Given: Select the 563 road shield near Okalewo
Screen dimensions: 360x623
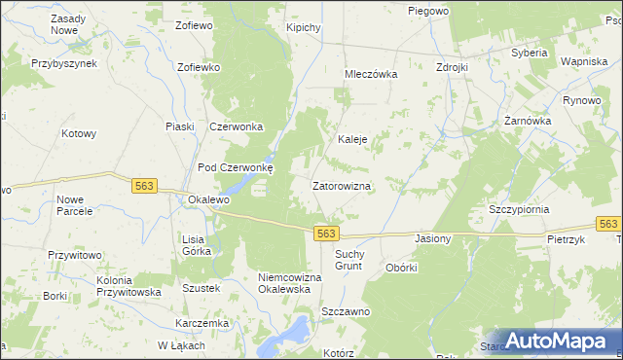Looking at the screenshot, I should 145,185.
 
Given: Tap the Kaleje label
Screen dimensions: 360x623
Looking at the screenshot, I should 351,139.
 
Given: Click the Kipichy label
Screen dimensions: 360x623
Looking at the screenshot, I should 304,27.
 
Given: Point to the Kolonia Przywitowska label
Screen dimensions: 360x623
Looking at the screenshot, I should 128,286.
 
